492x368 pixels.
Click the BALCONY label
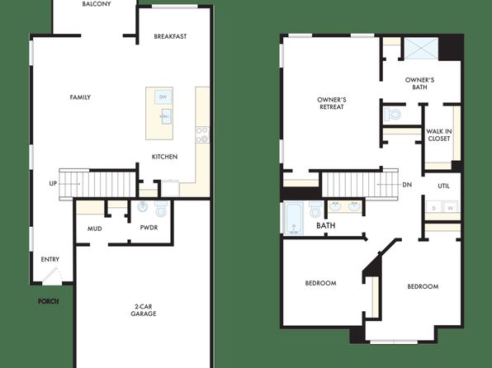[x=97, y=4]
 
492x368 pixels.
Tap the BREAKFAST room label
[x=170, y=36]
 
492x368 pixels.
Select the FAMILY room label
[x=80, y=97]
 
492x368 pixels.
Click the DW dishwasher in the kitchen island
[x=163, y=97]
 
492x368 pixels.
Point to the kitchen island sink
[x=166, y=116]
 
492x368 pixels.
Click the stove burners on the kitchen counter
[x=202, y=134]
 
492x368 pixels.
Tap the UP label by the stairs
[x=53, y=183]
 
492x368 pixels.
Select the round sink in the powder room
[x=143, y=207]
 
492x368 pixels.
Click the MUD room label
[x=94, y=229]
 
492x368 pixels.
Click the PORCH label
[x=49, y=301]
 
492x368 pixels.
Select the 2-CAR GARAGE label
[x=144, y=310]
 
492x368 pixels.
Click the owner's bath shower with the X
[x=421, y=49]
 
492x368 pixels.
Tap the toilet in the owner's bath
[x=393, y=114]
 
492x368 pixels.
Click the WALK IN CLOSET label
[x=439, y=134]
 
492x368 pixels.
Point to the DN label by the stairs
[x=407, y=185]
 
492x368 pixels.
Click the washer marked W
[x=451, y=208]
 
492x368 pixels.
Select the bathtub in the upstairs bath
[x=294, y=219]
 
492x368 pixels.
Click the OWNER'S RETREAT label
[x=332, y=103]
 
